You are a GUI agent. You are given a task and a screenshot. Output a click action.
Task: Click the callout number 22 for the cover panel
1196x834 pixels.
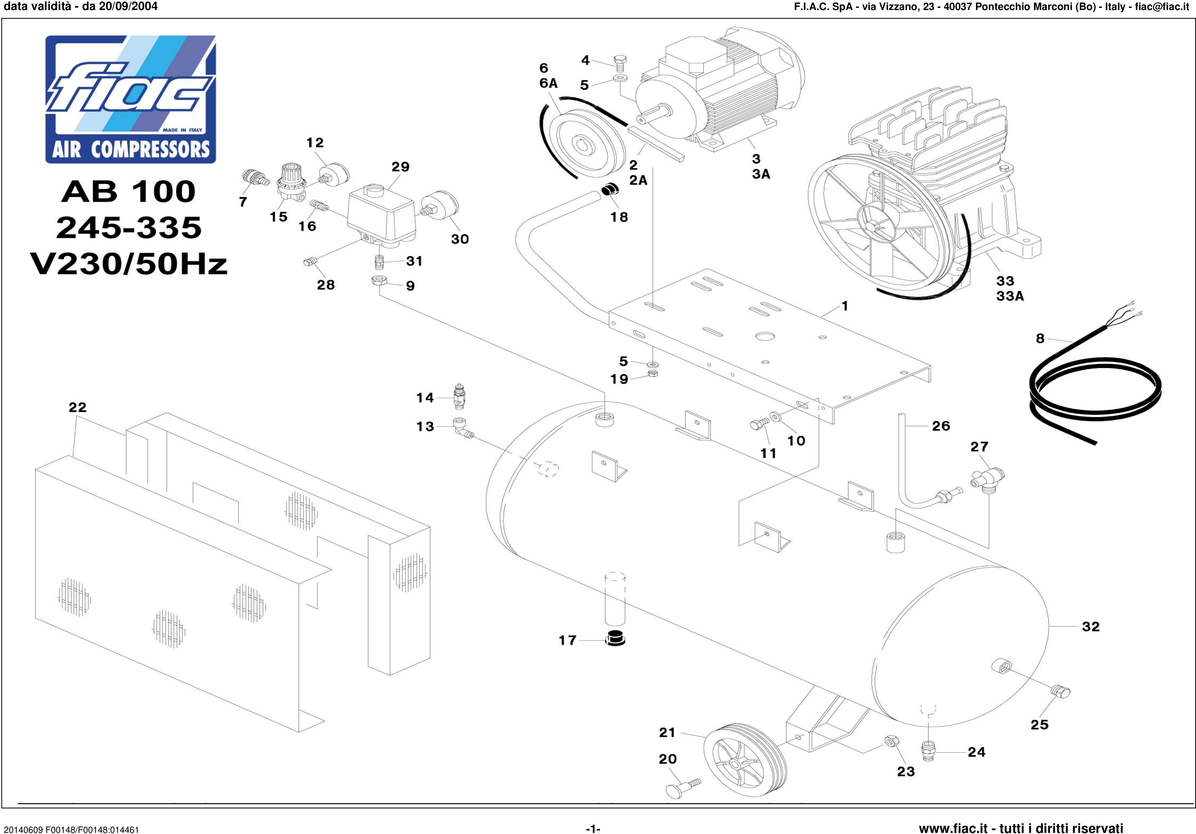[78, 407]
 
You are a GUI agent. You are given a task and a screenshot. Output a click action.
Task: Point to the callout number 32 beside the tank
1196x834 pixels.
[1091, 626]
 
